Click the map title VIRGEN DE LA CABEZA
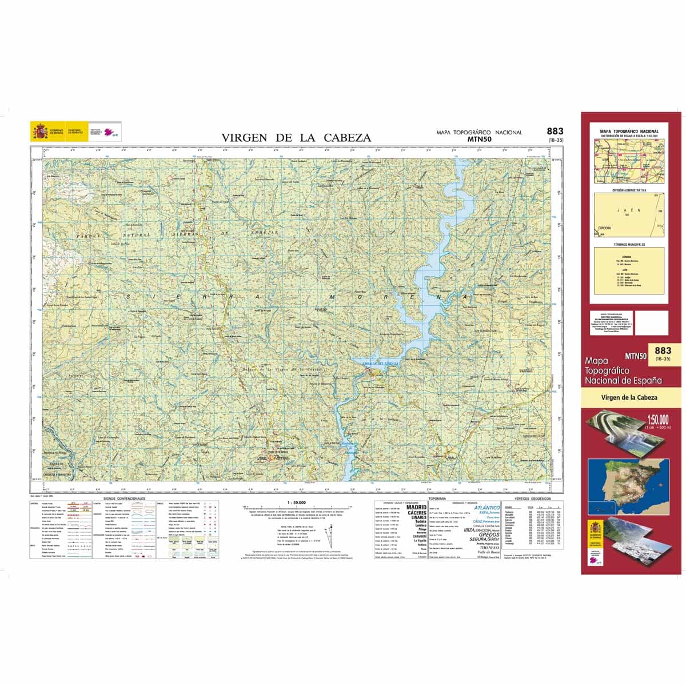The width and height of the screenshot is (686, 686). coord(296,138)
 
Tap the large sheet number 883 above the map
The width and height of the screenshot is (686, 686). coord(555,131)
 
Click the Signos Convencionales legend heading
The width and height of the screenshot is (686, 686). coord(121,498)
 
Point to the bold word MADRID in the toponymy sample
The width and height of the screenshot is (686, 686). coord(416,507)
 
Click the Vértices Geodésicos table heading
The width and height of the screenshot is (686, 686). coord(531,498)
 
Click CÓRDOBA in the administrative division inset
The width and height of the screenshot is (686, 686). coord(604,228)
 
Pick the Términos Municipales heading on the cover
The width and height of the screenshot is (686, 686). coord(629,244)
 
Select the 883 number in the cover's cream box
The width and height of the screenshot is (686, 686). coord(663,350)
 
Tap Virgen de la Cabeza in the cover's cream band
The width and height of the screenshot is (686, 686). coord(629,397)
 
